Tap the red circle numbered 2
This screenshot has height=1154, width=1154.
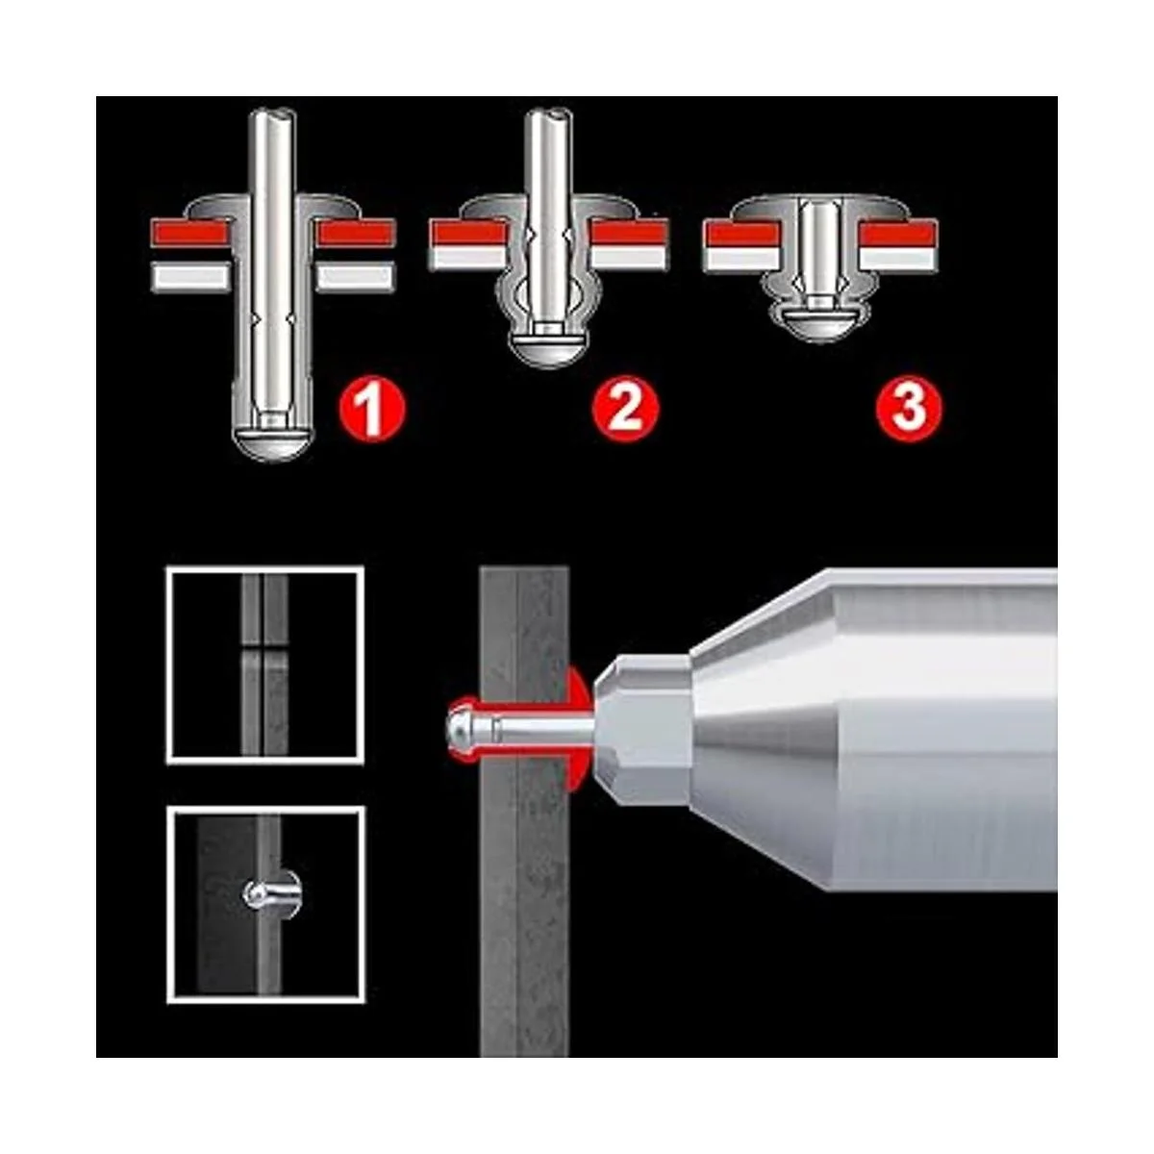tap(625, 409)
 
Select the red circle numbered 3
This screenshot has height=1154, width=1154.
tap(909, 409)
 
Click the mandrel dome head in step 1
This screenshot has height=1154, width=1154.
tap(271, 443)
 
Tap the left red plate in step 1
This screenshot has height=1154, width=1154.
tap(190, 234)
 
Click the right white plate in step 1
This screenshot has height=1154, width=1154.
tap(355, 277)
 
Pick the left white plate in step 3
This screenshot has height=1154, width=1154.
tap(741, 258)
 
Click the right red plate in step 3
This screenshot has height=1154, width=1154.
tap(898, 234)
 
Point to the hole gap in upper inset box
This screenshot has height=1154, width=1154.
tap(265, 647)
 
